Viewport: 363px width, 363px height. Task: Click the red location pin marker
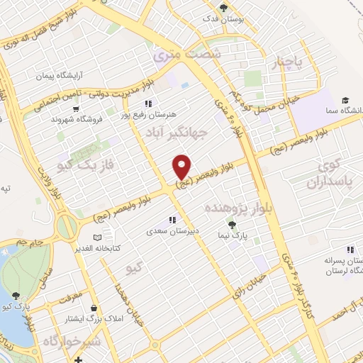183,167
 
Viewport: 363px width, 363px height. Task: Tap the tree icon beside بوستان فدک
224,9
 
